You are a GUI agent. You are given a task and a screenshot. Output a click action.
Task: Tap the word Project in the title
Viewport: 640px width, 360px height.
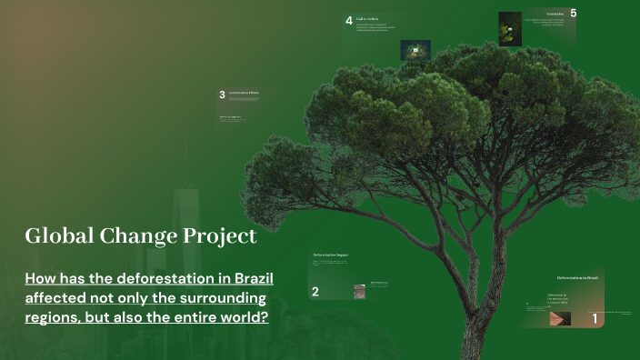[x=222, y=237]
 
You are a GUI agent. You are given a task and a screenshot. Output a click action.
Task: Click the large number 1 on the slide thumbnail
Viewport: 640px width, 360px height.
[x=595, y=319]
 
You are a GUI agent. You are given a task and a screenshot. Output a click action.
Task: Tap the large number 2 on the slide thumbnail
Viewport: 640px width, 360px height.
[x=315, y=292]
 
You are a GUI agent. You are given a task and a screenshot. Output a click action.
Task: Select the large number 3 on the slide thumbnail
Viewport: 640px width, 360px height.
[x=222, y=95]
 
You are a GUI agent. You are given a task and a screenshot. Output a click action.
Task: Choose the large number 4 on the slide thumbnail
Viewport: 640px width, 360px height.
[x=349, y=21]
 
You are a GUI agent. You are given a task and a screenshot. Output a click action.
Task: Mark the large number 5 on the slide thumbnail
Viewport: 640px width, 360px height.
[x=573, y=14]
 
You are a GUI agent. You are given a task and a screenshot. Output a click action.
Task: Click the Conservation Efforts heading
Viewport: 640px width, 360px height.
[x=244, y=93]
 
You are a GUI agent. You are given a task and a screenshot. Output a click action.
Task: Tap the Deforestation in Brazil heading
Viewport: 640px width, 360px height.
[x=577, y=276]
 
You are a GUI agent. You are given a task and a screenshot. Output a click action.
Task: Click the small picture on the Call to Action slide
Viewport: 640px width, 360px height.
[x=415, y=49]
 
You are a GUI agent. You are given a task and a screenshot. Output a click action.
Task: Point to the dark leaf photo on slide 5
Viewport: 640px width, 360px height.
[x=510, y=28]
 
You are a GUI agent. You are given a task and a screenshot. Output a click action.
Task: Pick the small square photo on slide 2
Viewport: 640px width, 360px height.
[x=359, y=292]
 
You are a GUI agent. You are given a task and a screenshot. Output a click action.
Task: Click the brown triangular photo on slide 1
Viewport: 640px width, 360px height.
[x=560, y=319]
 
